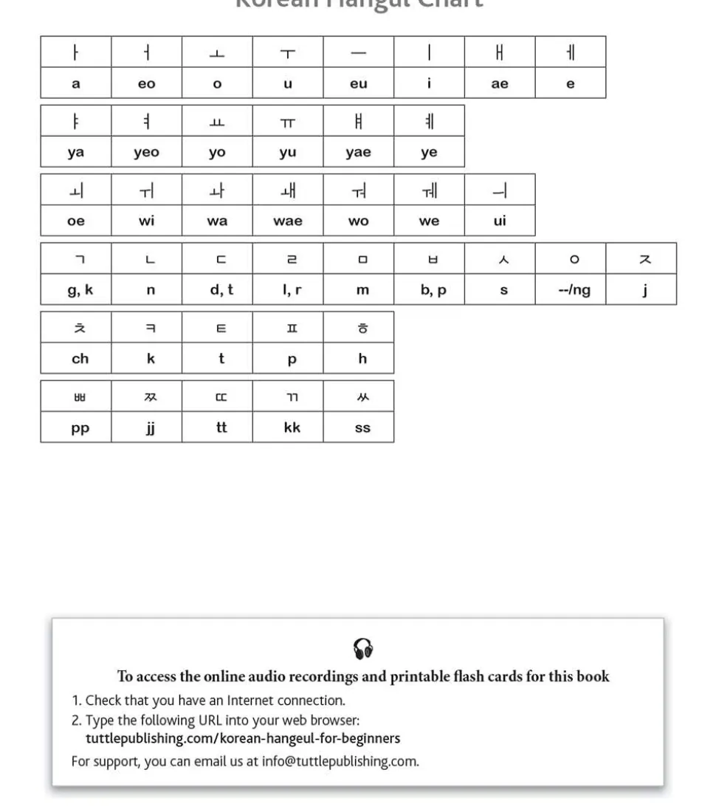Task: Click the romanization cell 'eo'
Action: point(146,84)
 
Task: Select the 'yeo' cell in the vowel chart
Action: point(146,153)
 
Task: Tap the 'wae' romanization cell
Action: point(288,221)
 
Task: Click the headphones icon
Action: point(362,649)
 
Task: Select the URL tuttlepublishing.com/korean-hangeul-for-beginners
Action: point(243,738)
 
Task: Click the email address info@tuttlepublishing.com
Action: point(340,761)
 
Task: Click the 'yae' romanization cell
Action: point(358,153)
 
